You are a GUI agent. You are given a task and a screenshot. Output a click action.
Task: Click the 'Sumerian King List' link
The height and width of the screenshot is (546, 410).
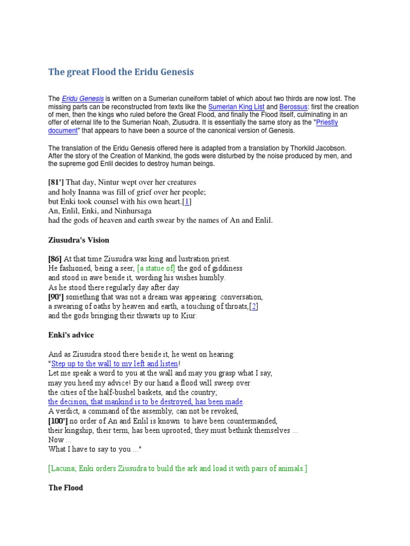pos(236,107)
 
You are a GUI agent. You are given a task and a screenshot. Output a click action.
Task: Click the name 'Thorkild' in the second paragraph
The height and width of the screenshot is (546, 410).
pos(296,148)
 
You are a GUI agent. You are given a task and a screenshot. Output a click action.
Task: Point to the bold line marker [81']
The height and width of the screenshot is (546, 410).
pos(56,182)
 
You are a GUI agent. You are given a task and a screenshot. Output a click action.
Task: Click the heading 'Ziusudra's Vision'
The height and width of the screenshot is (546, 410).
pos(79,240)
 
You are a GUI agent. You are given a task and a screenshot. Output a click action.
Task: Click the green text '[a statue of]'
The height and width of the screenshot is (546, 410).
pos(156,268)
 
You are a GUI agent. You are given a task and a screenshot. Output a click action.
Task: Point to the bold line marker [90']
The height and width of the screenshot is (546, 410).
pos(56,297)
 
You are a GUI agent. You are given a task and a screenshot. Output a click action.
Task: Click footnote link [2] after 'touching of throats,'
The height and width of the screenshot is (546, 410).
pos(254,306)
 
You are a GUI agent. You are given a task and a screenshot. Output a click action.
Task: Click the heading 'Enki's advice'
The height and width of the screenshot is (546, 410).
pos(72,335)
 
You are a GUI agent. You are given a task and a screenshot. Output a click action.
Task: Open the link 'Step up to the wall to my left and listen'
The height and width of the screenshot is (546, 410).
pos(114,364)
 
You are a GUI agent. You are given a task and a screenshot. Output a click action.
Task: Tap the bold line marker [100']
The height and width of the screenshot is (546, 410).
pos(58,421)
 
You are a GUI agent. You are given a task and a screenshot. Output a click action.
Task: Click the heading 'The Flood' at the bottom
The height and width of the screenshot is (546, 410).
pos(66,487)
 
